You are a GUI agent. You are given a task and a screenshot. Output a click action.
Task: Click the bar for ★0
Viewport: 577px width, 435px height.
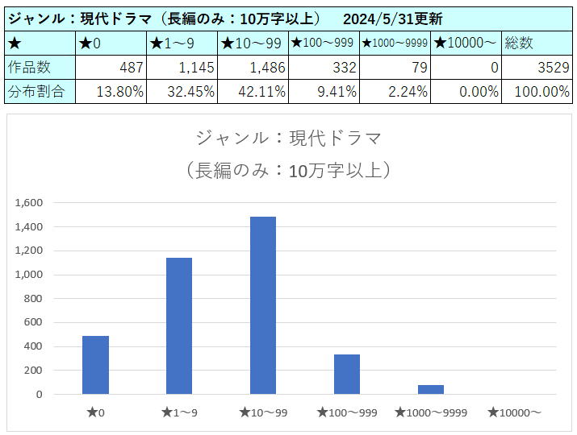(x=95, y=365)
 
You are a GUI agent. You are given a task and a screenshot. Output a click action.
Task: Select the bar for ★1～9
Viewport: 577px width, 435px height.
(x=179, y=326)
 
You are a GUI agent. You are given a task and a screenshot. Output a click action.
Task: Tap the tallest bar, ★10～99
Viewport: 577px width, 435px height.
(x=263, y=305)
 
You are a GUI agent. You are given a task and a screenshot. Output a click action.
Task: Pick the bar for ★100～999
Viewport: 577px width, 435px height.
(x=347, y=375)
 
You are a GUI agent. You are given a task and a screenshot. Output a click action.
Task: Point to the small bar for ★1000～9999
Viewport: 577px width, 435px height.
(x=431, y=390)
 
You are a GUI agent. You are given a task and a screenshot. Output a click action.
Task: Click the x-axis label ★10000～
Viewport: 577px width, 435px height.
(x=514, y=412)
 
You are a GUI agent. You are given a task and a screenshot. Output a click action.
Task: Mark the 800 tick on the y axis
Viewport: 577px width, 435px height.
(x=33, y=299)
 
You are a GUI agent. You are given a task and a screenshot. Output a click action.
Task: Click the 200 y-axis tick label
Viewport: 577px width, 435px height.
(x=33, y=371)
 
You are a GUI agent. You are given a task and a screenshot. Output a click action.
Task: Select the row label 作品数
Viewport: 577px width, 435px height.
(x=27, y=67)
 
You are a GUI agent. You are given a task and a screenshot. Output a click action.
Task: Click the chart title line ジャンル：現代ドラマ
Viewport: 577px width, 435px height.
(x=287, y=138)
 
